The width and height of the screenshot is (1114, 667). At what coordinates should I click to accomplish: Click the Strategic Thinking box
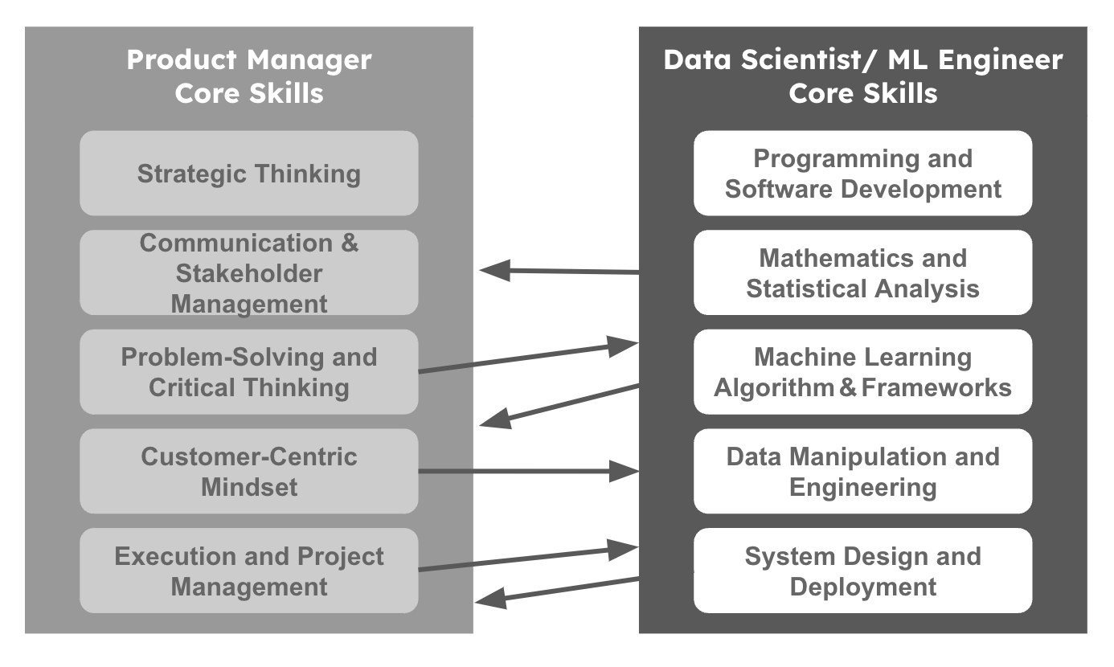(x=248, y=174)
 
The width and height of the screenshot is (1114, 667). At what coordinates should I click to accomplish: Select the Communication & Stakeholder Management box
(x=248, y=273)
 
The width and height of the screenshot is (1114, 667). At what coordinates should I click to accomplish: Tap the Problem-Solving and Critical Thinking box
(x=248, y=372)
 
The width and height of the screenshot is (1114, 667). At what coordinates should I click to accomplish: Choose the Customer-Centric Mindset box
(x=248, y=472)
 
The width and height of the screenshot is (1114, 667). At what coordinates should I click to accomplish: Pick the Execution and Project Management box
(x=248, y=571)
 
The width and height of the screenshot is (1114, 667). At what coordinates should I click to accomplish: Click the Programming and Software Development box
(x=862, y=174)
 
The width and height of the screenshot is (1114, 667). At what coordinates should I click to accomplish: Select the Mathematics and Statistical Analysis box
(x=862, y=273)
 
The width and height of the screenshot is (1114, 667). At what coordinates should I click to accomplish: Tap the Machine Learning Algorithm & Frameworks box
(x=862, y=372)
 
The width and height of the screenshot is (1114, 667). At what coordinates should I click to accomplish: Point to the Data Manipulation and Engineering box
(x=862, y=472)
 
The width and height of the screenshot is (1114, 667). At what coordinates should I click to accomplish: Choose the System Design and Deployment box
(x=862, y=571)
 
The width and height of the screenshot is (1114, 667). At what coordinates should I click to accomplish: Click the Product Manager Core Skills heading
(x=248, y=76)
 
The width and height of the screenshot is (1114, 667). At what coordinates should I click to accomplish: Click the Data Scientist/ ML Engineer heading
(x=862, y=76)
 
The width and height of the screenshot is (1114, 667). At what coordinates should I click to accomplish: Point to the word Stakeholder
(x=248, y=273)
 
